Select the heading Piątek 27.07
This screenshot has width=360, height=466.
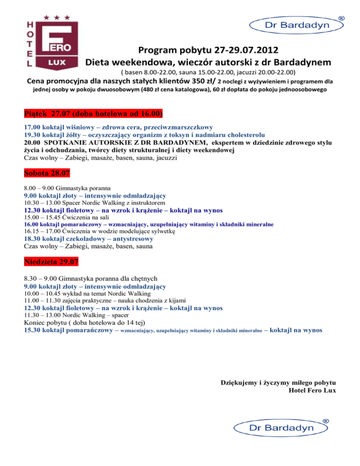93,114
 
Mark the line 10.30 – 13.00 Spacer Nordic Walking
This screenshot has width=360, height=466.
94,203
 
